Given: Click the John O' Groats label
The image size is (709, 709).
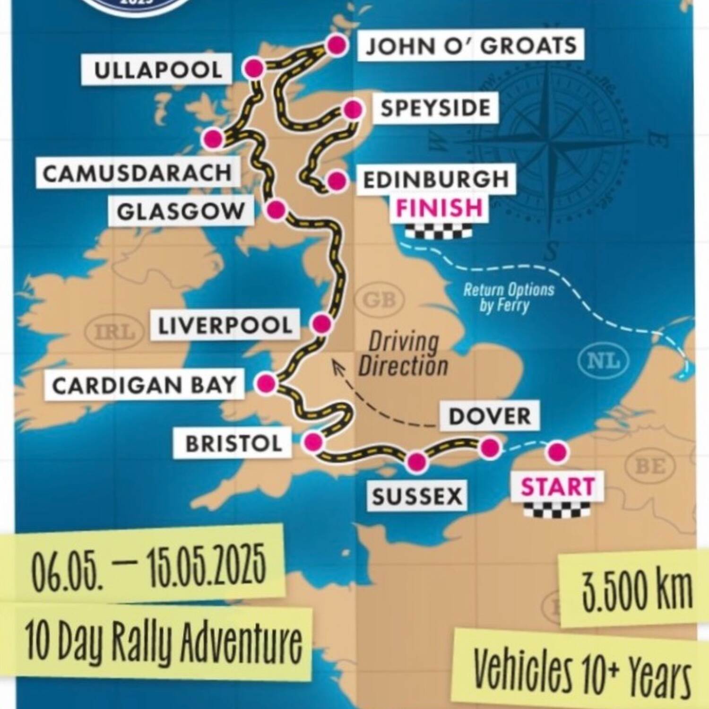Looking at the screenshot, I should pos(471,45).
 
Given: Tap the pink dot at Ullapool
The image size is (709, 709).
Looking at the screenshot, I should pos(253,69).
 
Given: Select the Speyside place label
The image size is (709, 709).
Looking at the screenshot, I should pos(435,108).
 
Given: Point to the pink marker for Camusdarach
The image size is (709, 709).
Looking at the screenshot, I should pos(213,139).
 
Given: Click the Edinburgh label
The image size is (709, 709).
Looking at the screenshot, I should pos(435,180).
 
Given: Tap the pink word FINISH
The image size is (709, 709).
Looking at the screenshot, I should pos(439,208).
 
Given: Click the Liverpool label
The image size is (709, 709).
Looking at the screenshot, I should pos(225,326).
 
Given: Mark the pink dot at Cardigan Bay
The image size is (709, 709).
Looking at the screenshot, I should pos(267,384).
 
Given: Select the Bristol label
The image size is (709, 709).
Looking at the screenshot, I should pos(233,443).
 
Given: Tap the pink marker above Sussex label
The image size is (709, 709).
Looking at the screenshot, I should pos(417,462).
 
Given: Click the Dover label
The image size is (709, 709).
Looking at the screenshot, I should pos(490,416).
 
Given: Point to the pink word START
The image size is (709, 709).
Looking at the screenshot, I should pos(557,487).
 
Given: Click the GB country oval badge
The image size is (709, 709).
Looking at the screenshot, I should pos(380,300).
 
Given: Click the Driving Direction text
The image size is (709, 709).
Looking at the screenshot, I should pos(403,354).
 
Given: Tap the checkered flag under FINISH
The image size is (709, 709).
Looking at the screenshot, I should pos(439,232).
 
